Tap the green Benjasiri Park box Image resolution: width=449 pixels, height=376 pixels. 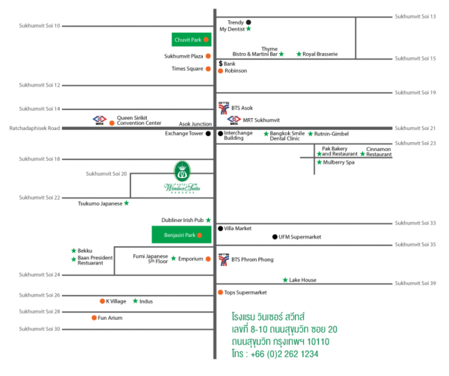(181, 235)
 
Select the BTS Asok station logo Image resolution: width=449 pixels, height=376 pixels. (223, 107)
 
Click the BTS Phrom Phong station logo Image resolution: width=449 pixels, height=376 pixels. (223, 259)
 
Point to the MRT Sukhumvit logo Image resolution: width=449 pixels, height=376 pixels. (233, 120)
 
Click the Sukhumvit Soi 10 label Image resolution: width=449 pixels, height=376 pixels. (40, 26)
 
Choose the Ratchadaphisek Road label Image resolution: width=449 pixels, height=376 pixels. (34, 128)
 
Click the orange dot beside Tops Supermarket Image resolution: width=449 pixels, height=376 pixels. (220, 292)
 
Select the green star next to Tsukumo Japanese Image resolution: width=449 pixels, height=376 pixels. (126, 203)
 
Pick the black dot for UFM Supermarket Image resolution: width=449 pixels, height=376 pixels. (275, 237)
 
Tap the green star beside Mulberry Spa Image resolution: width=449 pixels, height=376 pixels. (319, 162)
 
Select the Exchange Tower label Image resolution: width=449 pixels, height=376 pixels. (185, 134)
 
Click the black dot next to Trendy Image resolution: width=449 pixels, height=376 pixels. (249, 22)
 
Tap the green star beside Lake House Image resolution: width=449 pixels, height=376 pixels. (284, 280)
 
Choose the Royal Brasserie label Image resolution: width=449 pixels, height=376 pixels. (320, 54)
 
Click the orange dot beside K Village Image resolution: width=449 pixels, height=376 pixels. (101, 301)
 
